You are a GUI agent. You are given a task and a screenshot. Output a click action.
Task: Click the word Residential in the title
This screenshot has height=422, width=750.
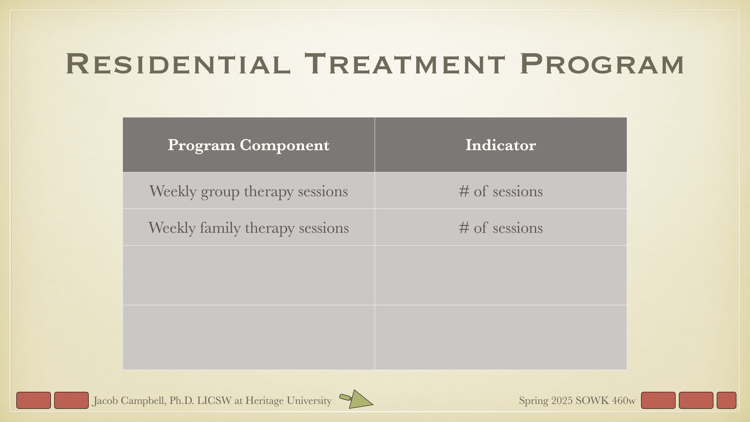coord(178,64)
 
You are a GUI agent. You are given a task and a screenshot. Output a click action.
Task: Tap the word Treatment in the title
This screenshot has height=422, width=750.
coord(405,64)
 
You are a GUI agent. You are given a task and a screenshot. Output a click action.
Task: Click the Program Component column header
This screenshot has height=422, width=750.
coord(248,145)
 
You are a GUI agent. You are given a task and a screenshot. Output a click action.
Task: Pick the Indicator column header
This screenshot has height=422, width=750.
coord(500,145)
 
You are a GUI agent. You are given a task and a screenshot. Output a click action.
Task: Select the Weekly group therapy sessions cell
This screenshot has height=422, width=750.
coord(248,191)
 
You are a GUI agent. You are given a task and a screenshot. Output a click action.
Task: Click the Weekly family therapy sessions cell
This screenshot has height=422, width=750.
coord(248,228)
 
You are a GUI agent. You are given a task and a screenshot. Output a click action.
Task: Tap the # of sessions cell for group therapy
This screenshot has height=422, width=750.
coord(500,191)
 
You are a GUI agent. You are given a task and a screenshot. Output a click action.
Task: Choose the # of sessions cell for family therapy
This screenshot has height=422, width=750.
coord(500,228)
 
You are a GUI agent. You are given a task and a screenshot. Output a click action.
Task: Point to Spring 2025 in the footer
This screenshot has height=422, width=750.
coord(546,401)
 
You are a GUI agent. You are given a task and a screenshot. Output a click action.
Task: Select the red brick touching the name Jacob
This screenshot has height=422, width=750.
coord(71,400)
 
